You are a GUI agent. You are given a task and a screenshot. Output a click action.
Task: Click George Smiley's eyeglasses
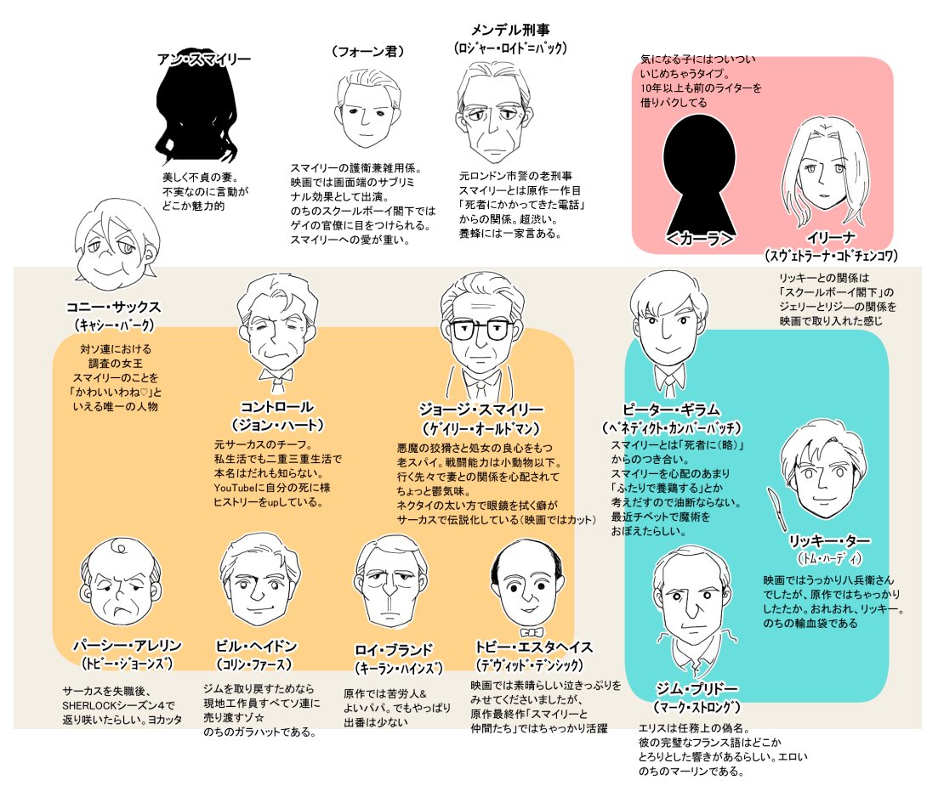tap(479, 330)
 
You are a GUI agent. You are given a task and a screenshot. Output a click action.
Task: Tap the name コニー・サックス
tap(113, 307)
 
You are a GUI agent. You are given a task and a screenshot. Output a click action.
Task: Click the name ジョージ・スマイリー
tap(481, 409)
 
